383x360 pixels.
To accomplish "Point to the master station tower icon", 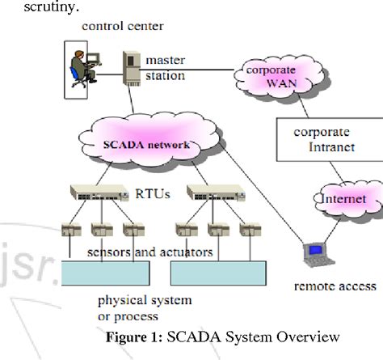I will pos(129,69).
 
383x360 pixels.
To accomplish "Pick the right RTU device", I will pos(211,193).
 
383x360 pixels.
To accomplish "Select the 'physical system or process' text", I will pos(155,307).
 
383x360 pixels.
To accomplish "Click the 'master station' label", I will pos(165,68).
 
